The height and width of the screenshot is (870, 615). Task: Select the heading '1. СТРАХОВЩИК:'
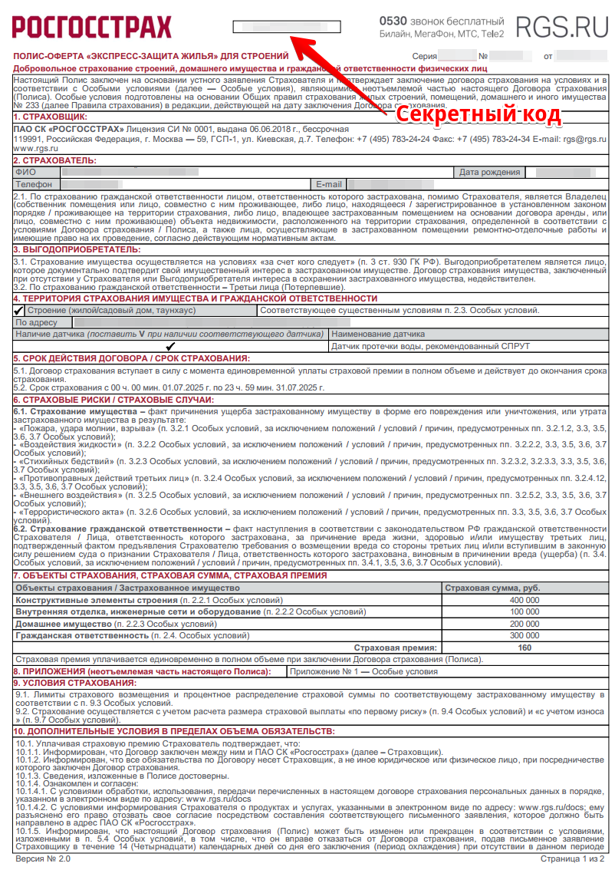50,116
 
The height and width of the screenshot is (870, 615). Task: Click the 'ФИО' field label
25,173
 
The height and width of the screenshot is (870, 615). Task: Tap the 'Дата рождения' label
489,173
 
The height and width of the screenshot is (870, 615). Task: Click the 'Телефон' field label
34,185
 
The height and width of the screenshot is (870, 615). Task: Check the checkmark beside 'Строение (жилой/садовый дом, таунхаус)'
19,311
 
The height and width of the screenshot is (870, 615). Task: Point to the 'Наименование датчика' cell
378,334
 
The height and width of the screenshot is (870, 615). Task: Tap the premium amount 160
525,648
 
